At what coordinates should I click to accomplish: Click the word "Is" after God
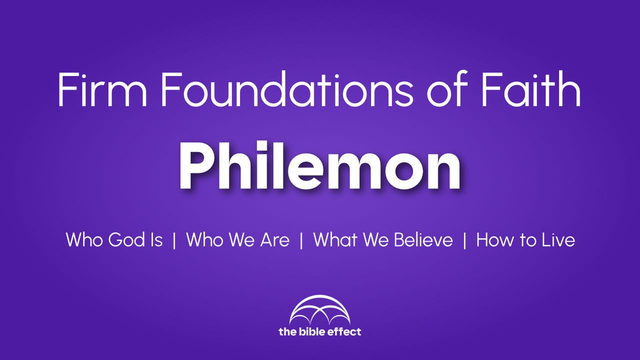156,240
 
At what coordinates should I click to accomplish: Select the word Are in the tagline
274,240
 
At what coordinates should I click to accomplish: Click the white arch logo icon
319,310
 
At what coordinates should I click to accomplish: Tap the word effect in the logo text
346,331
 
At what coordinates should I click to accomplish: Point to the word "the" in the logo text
288,331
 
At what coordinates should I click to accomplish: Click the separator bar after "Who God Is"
174,240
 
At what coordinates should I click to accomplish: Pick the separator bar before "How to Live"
465,240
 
